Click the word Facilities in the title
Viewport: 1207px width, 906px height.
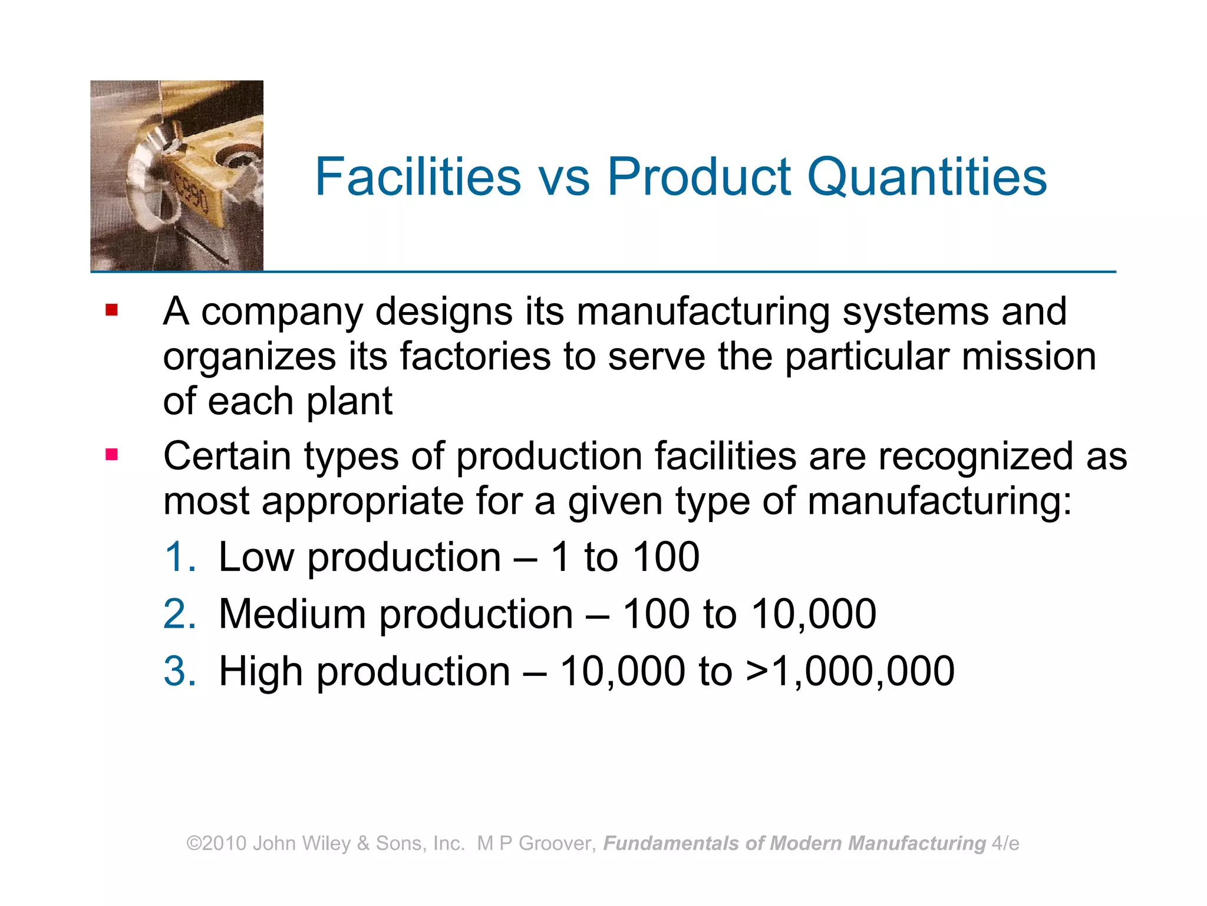click(x=418, y=176)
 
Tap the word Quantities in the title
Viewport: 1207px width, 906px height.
click(x=926, y=176)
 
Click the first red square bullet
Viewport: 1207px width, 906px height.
click(x=111, y=310)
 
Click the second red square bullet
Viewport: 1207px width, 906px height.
click(x=111, y=455)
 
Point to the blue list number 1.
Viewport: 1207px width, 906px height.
click(x=179, y=557)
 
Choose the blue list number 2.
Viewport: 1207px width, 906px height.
click(x=179, y=614)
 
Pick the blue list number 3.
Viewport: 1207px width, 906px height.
click(x=179, y=671)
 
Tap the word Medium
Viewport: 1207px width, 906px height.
click(x=292, y=614)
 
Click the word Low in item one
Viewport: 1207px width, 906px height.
click(x=256, y=557)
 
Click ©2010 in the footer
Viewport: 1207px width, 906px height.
click(x=216, y=843)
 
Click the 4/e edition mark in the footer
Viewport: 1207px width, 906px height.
click(x=1005, y=843)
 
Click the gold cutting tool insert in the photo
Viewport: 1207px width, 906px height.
click(x=200, y=177)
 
